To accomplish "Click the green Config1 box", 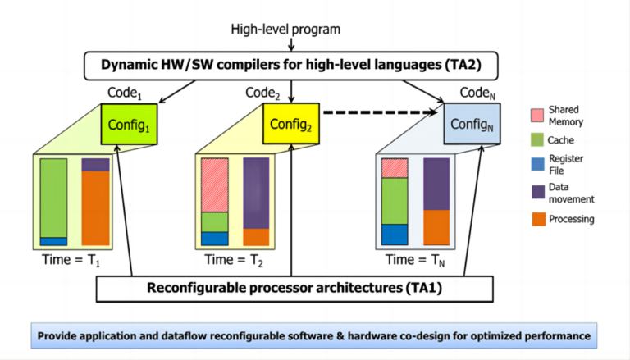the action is pyautogui.click(x=129, y=125).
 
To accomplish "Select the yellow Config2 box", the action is pyautogui.click(x=291, y=124).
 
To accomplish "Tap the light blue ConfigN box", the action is pyautogui.click(x=472, y=124).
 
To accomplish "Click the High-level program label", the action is pyautogui.click(x=285, y=30).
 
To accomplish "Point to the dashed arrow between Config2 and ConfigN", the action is pyautogui.click(x=380, y=112).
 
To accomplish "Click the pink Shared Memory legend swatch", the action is pyautogui.click(x=537, y=116).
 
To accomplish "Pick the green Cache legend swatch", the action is pyautogui.click(x=537, y=140).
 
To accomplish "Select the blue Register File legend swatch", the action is pyautogui.click(x=538, y=164).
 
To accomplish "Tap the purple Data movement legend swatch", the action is pyautogui.click(x=538, y=192).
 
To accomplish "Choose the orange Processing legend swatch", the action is pyautogui.click(x=539, y=219).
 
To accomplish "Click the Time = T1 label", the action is pyautogui.click(x=71, y=260).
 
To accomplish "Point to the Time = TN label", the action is pyautogui.click(x=415, y=260).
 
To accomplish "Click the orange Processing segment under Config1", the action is pyautogui.click(x=96, y=208).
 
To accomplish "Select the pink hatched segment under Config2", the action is pyautogui.click(x=215, y=185).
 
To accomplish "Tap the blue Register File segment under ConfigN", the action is pyautogui.click(x=395, y=235).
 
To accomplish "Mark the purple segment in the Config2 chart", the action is pyautogui.click(x=256, y=194).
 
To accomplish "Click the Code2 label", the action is pyautogui.click(x=262, y=93).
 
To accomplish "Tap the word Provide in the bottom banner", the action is pyautogui.click(x=54, y=336).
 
